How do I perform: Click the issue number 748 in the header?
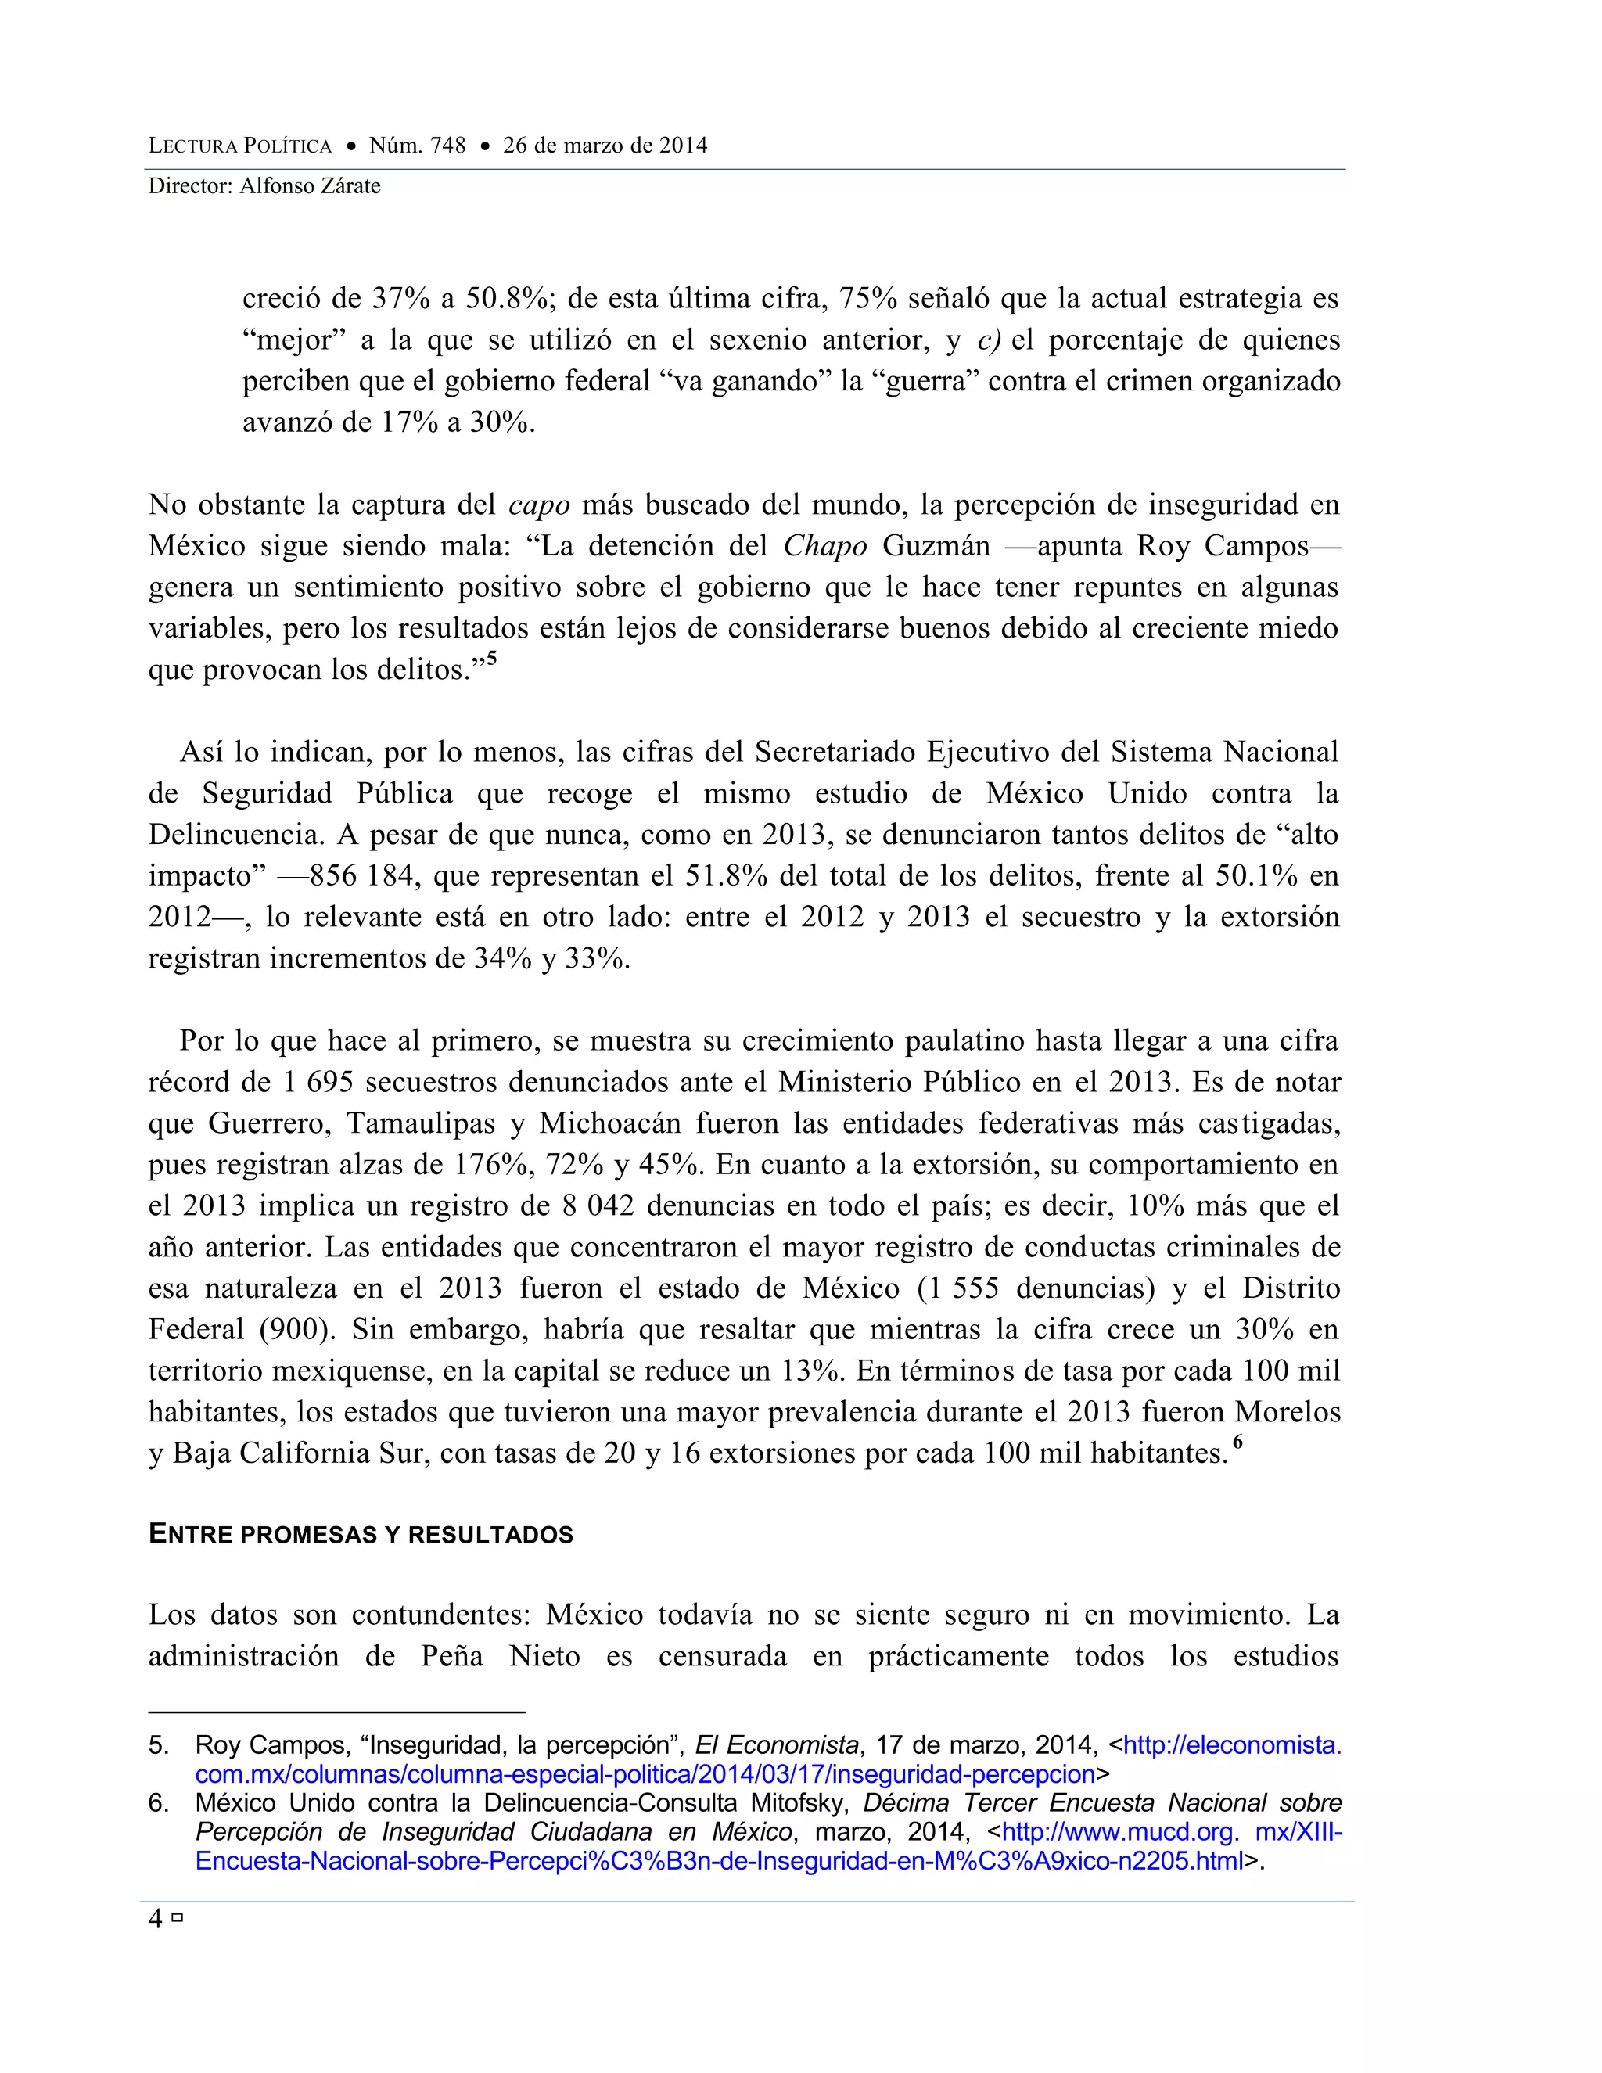[x=447, y=146]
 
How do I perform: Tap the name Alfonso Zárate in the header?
[x=310, y=186]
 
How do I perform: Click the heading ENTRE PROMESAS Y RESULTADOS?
[x=361, y=1535]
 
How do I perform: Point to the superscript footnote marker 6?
[x=1237, y=1442]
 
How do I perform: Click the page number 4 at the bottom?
[x=156, y=1919]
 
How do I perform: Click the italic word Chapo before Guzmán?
[x=824, y=546]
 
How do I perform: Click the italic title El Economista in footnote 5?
[x=776, y=1745]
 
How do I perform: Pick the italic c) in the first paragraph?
[x=989, y=340]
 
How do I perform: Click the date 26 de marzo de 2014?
[x=605, y=146]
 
